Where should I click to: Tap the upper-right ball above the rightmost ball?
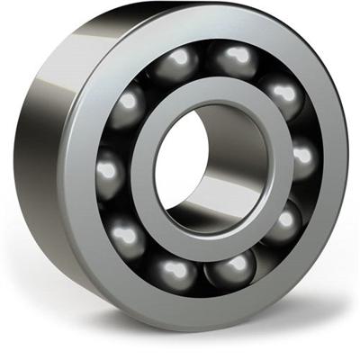(x=283, y=97)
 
